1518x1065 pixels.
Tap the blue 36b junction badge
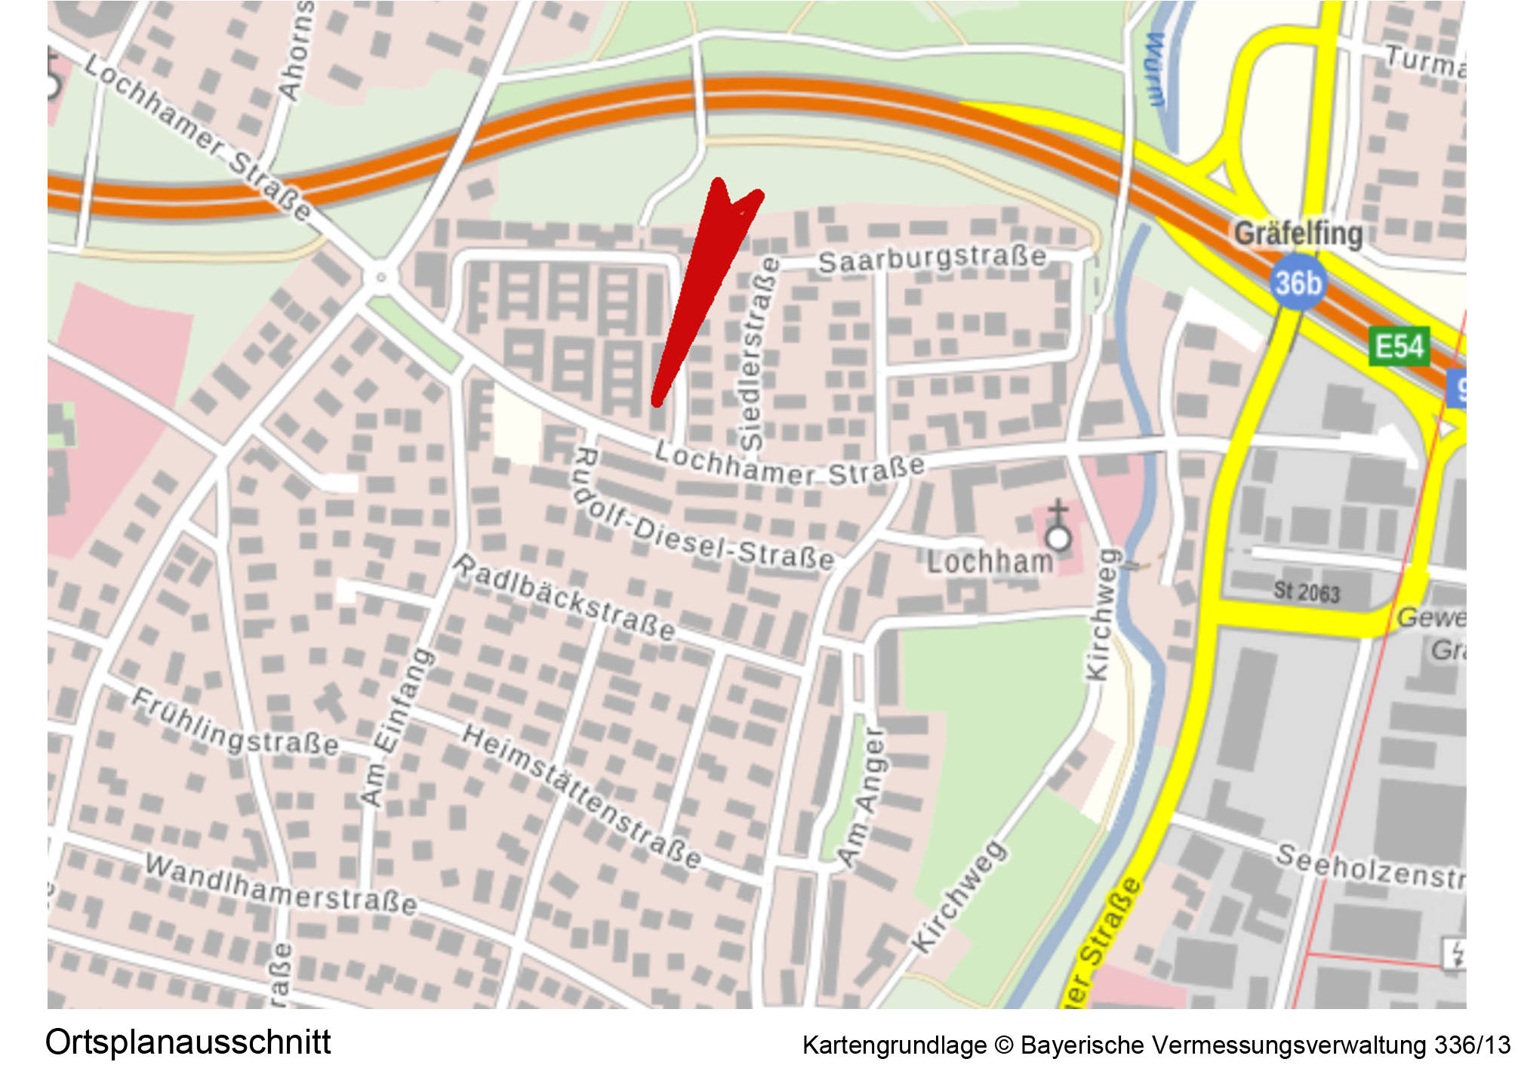tap(1298, 283)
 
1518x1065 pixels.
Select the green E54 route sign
tap(1399, 347)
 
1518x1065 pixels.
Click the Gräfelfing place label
tap(1298, 233)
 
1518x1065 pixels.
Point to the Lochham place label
tap(990, 562)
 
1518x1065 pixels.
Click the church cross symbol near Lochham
tap(1058, 525)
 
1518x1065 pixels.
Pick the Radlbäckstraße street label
tap(564, 597)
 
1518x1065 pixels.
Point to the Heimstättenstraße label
tap(581, 796)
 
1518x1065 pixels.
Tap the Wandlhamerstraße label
tap(280, 884)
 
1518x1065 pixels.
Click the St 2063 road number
tap(1307, 591)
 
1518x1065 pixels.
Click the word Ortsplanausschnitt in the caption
tap(188, 1042)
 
